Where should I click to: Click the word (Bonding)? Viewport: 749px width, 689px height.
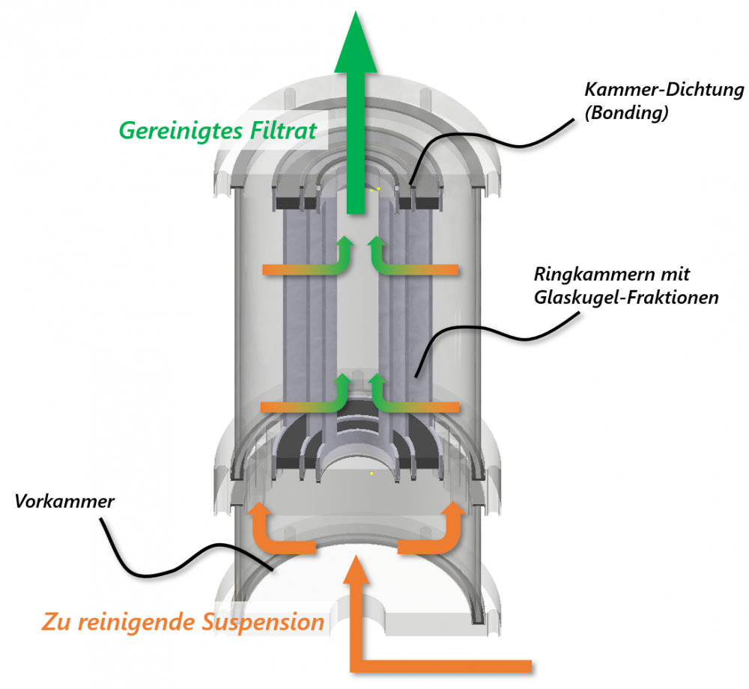click(626, 115)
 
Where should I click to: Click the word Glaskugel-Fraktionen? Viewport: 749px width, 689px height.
click(626, 297)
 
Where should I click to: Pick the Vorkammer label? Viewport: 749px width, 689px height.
click(64, 501)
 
